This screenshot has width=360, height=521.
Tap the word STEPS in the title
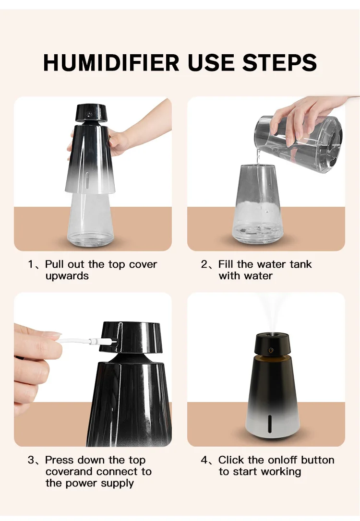coord(279,62)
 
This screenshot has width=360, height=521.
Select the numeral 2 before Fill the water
coord(204,265)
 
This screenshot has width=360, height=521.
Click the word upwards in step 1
coord(67,276)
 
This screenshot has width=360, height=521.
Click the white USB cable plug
coord(102,341)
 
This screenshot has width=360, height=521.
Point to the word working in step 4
coord(280,472)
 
